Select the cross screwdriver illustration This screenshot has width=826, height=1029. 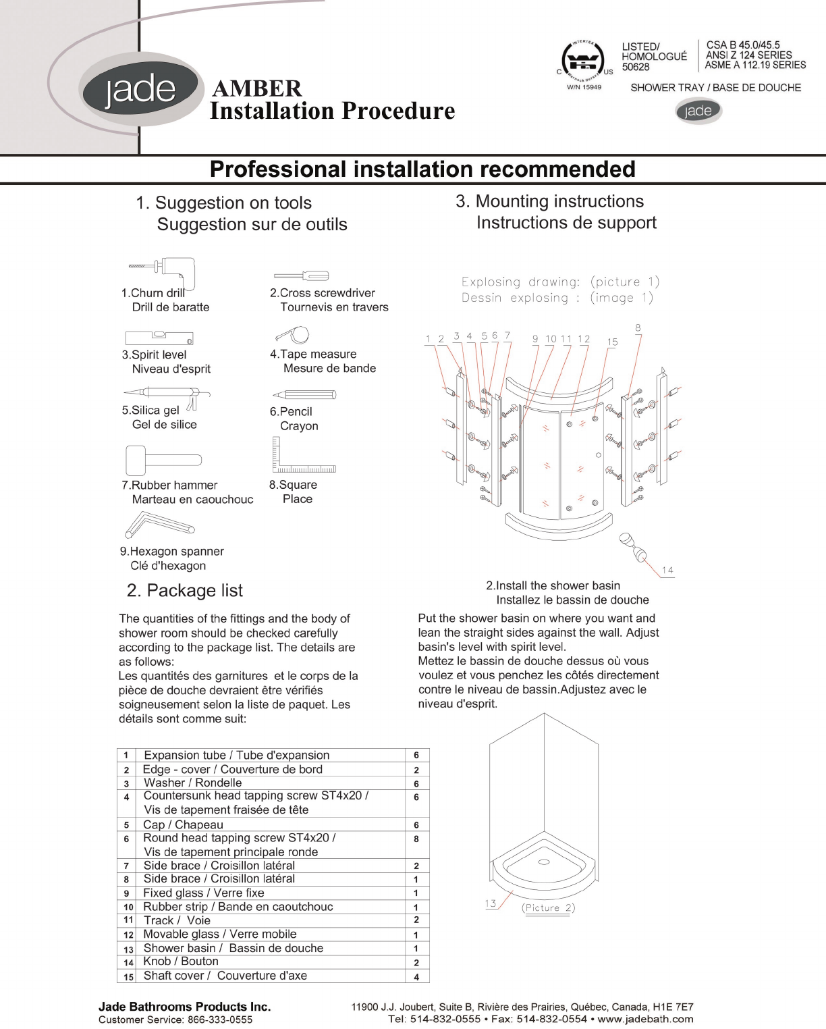coord(301,275)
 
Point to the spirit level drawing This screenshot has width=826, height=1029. coord(159,338)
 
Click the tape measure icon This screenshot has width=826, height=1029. coord(293,334)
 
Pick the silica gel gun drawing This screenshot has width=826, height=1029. coord(167,397)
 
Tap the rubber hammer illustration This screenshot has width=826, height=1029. coord(163,460)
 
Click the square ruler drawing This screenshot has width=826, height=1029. coord(303,454)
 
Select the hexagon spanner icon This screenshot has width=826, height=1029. coord(159,525)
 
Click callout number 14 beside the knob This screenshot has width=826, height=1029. coord(667,570)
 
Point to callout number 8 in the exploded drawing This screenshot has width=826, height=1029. coord(638,328)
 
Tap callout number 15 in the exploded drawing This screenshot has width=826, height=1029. coord(612,342)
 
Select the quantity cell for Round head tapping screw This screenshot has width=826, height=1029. coord(416,839)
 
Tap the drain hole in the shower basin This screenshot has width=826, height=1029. coord(544,862)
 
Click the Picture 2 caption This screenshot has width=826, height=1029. coord(548,907)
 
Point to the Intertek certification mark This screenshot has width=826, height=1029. coord(583,61)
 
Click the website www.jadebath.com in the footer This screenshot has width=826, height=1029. coord(645,1019)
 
